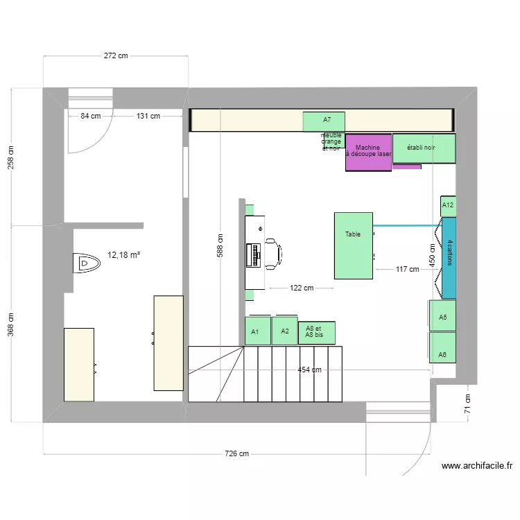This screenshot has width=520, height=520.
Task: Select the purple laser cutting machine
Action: pos(368,153)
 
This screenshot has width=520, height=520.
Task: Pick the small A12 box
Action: pos(448,205)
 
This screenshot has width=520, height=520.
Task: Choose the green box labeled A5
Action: pos(442,318)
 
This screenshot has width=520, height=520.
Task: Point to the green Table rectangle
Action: pos(353,246)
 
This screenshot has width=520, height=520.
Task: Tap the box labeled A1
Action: pos(256,331)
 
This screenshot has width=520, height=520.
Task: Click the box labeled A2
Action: pos(284,331)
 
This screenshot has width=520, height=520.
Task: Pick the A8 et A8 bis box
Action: pos(316,333)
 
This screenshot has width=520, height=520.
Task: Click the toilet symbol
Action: pos(87,263)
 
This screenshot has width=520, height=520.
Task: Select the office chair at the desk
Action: pos(271,253)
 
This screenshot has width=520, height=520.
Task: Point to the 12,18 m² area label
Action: pos(123,255)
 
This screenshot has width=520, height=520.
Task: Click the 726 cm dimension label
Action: pos(236,454)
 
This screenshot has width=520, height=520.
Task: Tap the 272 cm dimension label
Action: pos(116,56)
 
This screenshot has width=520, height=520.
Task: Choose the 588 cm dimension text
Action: pos(219,245)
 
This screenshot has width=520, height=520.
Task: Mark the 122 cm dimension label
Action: pos(301,288)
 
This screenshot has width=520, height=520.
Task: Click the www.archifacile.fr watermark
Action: pos(476,467)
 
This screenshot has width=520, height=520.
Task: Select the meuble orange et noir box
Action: pos(332,141)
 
